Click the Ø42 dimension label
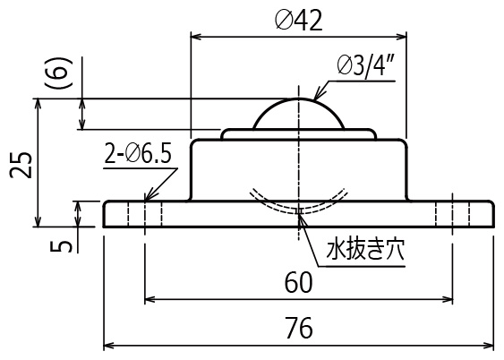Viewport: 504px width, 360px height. [299, 21]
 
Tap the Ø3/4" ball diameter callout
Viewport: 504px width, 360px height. [366, 66]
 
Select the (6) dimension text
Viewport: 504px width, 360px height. [58, 73]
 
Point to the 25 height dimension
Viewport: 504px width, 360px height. [21, 165]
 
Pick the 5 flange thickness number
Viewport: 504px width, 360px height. [61, 246]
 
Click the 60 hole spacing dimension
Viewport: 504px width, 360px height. [298, 282]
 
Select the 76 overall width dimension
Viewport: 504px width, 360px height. [299, 328]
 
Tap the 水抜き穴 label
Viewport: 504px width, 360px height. [365, 250]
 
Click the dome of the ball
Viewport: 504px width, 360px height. [299, 100]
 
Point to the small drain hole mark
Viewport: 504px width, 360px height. [299, 211]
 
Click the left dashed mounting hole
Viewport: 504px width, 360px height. [145, 214]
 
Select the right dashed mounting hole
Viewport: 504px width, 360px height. [453, 214]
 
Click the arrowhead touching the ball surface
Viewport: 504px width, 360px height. [318, 95]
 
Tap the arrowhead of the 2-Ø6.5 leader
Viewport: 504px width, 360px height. [149, 195]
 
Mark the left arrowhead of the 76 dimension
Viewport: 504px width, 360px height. [109, 346]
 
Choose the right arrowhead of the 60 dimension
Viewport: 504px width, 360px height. [447, 300]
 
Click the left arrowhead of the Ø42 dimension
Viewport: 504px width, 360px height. [197, 37]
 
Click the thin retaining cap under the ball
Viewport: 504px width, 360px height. [299, 133]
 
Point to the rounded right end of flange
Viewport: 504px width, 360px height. [491, 214]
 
